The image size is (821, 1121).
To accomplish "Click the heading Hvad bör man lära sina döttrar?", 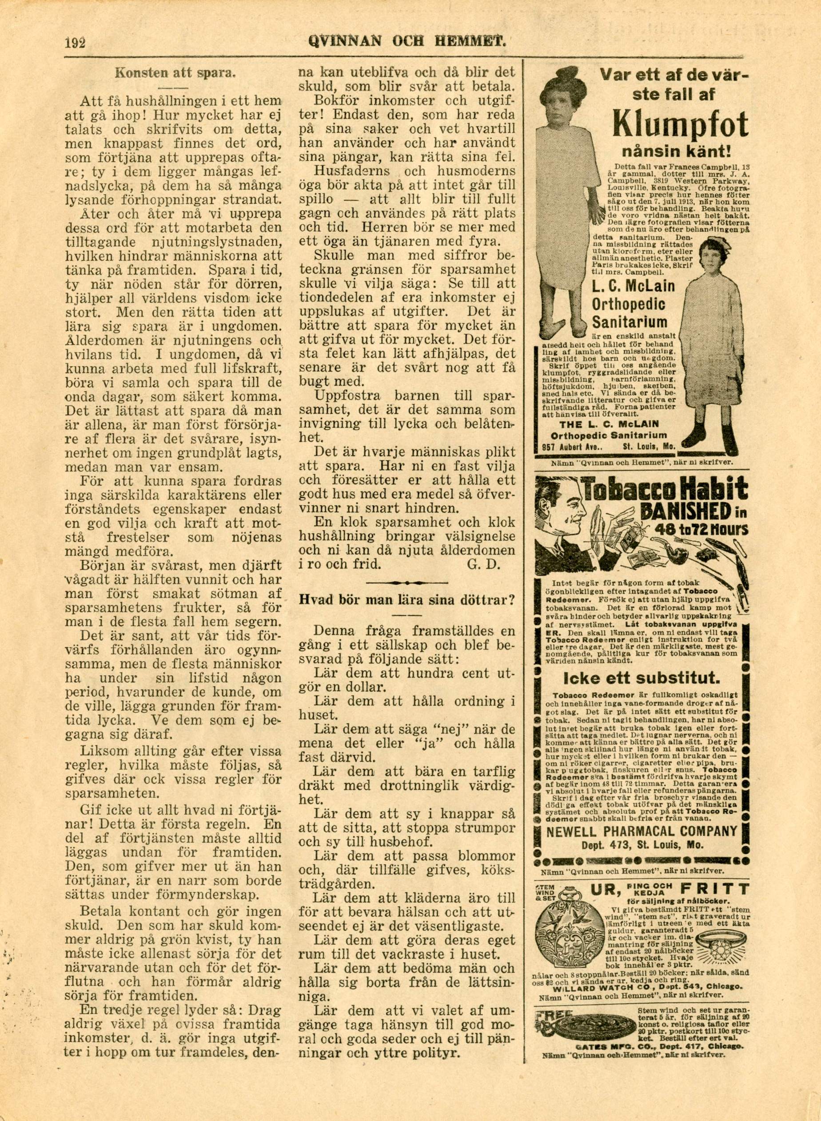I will point(406,599).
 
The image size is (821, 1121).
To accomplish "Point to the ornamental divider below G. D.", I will point(407,581).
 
